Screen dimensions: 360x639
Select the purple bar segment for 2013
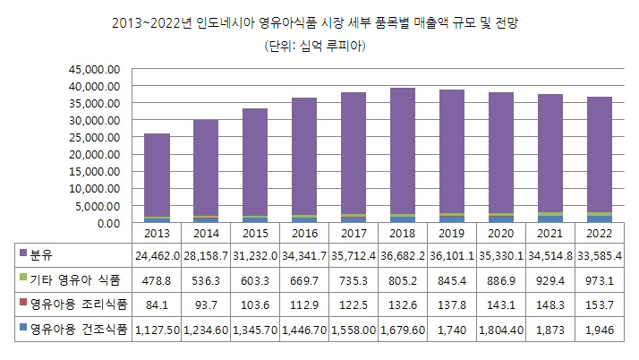pos(157,175)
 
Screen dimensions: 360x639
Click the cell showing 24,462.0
pos(157,255)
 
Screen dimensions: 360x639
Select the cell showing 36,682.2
pos(402,255)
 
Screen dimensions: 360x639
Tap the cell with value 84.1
pos(157,306)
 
